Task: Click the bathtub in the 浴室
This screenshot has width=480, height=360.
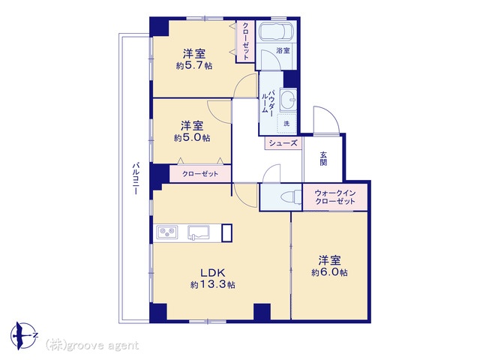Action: pos(277,31)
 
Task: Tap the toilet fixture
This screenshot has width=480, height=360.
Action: pos(291,196)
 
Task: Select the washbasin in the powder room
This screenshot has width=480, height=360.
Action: pos(288,99)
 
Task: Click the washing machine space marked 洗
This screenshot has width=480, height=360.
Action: pos(286,124)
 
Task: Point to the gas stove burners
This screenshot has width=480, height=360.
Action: pos(167,232)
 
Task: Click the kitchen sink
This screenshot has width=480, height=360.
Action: pos(198,232)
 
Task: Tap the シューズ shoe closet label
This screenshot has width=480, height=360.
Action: pos(283,143)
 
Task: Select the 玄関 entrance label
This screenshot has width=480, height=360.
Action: pos(323,158)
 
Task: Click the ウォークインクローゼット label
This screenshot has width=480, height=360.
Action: pos(335,197)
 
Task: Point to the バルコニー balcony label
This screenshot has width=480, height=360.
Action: pos(136,178)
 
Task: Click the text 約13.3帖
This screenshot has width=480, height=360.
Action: pos(213,285)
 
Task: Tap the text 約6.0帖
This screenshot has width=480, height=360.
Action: pos(329,272)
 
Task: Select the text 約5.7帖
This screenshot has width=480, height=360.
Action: pos(194,65)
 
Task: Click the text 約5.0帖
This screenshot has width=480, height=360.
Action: pos(192,138)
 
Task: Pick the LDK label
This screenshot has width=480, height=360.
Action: pos(213,272)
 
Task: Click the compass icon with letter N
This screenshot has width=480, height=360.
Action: pos(24,336)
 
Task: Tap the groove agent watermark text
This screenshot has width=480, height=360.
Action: pos(92,346)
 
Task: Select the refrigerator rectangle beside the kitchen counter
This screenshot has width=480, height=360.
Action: pos(226,233)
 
